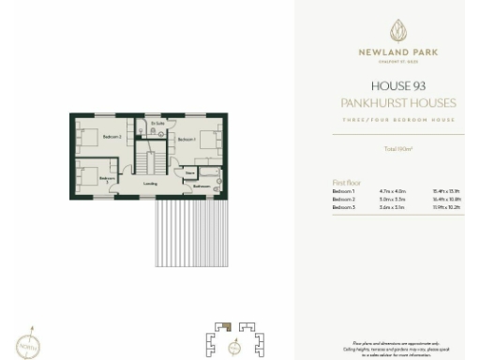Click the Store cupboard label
tap(189, 173)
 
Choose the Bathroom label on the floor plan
tap(202, 186)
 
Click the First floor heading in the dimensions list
tap(347, 182)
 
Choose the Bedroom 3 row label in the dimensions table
tap(342, 207)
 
